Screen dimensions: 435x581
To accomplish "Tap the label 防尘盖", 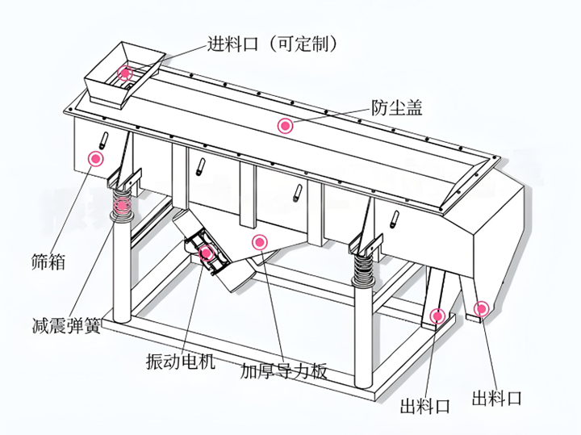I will pyautogui.click(x=396, y=106).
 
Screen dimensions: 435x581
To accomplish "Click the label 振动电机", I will pyautogui.click(x=180, y=361).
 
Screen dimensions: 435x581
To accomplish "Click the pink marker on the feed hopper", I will pyautogui.click(x=126, y=73).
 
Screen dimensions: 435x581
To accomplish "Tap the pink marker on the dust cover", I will pyautogui.click(x=284, y=125).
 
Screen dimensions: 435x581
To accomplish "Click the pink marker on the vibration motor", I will pyautogui.click(x=207, y=252).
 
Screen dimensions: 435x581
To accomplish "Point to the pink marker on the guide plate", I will pyautogui.click(x=259, y=241).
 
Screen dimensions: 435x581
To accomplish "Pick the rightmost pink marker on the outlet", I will pyautogui.click(x=481, y=307).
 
